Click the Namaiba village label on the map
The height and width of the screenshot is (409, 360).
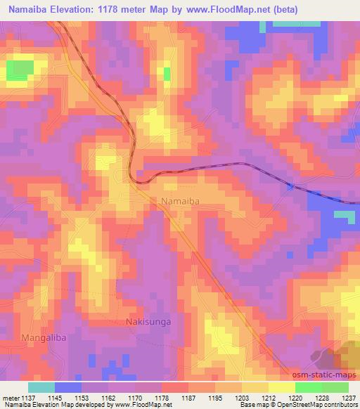coord(181,201)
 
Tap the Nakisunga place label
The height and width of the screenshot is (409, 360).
coord(148,322)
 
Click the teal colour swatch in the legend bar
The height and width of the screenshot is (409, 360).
coord(41,387)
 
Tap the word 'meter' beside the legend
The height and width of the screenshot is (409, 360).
coord(9,398)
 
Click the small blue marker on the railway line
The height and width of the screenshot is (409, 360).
coord(290,186)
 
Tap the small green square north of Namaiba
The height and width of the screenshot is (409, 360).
coord(167,73)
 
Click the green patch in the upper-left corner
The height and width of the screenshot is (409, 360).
coord(20,69)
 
